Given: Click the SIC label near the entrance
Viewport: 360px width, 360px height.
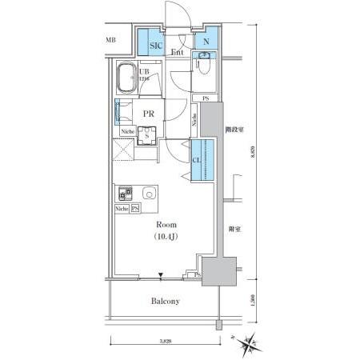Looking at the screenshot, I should point(155,46).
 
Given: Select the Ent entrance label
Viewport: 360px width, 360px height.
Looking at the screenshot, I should point(178,53).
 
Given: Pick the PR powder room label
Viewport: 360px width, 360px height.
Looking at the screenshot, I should point(148,114).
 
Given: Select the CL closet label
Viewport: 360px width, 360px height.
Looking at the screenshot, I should point(197,160).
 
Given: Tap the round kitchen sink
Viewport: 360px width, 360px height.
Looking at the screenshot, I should point(148,194).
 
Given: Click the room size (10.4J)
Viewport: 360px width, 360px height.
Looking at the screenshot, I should point(167,238).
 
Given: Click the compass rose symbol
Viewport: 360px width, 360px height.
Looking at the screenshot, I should point(252,343).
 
